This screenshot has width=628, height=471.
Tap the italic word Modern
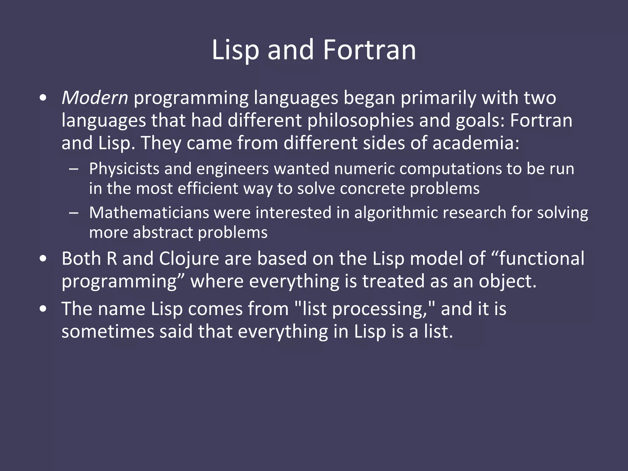95,98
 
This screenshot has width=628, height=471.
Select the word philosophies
361,121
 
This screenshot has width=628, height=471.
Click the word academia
476,143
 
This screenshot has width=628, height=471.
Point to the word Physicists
124,169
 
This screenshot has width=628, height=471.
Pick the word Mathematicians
149,213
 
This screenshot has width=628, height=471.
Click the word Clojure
189,258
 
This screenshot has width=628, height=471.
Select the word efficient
208,188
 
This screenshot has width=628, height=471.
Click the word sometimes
108,332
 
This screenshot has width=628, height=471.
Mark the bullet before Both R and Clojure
43,258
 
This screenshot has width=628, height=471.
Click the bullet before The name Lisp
43,309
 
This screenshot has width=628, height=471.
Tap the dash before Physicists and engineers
74,169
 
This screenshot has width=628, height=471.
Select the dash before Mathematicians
74,213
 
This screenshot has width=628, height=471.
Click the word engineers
232,169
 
